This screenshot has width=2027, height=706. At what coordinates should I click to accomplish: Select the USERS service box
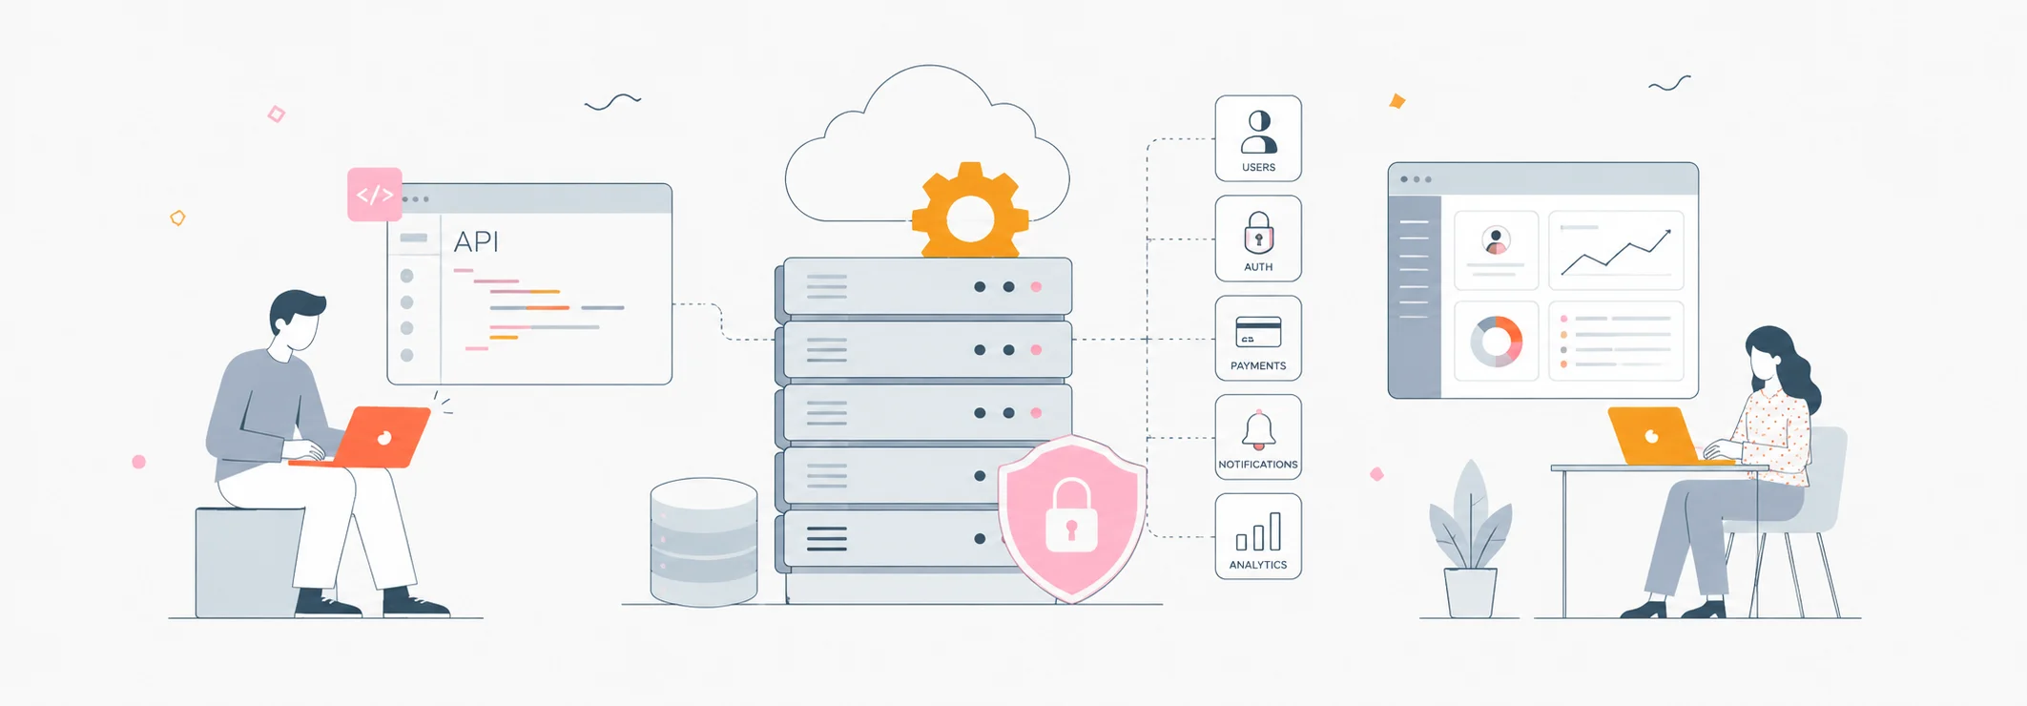click(1258, 138)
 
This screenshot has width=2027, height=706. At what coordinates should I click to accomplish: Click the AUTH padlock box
click(1258, 239)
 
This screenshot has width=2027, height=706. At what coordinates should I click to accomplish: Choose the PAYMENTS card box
click(1258, 339)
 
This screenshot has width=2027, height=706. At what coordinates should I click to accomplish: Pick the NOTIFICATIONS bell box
click(1258, 437)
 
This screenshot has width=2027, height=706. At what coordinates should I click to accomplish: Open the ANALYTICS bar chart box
click(1258, 536)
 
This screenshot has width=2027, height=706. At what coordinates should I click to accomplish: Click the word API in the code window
click(476, 242)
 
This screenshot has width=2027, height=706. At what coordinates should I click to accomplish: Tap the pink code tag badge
click(375, 195)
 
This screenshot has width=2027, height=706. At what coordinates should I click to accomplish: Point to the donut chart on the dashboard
click(1496, 342)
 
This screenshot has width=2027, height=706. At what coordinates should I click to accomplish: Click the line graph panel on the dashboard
click(1616, 250)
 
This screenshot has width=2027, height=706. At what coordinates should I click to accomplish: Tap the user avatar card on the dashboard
click(1496, 250)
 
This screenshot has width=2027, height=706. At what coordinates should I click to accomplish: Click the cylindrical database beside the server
click(704, 542)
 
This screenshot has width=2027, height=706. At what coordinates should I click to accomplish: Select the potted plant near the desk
click(1470, 540)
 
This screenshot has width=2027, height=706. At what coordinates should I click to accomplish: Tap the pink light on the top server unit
click(1036, 286)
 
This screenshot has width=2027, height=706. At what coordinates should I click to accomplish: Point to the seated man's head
click(298, 320)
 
